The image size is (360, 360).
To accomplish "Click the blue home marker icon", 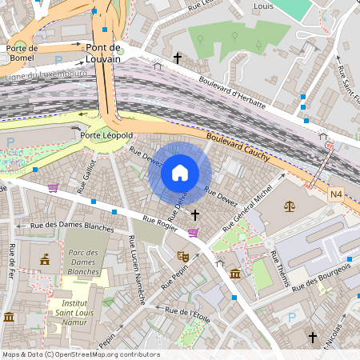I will [180, 173].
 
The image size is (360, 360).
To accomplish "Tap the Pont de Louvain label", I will [103, 54].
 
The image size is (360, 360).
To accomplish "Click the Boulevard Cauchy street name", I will [238, 148].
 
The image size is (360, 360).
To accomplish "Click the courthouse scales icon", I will [288, 206].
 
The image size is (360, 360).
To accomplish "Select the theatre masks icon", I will [182, 256].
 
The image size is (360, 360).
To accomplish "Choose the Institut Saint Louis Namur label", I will [78, 307].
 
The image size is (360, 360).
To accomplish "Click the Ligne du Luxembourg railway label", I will [46, 74].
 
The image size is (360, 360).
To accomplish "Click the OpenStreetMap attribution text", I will [80, 354].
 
